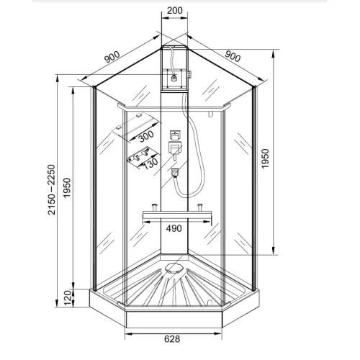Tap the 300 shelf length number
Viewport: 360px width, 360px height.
point(147,135)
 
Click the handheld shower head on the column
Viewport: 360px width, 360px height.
point(174,173)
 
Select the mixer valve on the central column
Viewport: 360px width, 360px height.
point(174,149)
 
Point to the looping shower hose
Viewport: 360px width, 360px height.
point(186,115)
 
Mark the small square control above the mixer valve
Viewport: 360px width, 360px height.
point(174,135)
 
